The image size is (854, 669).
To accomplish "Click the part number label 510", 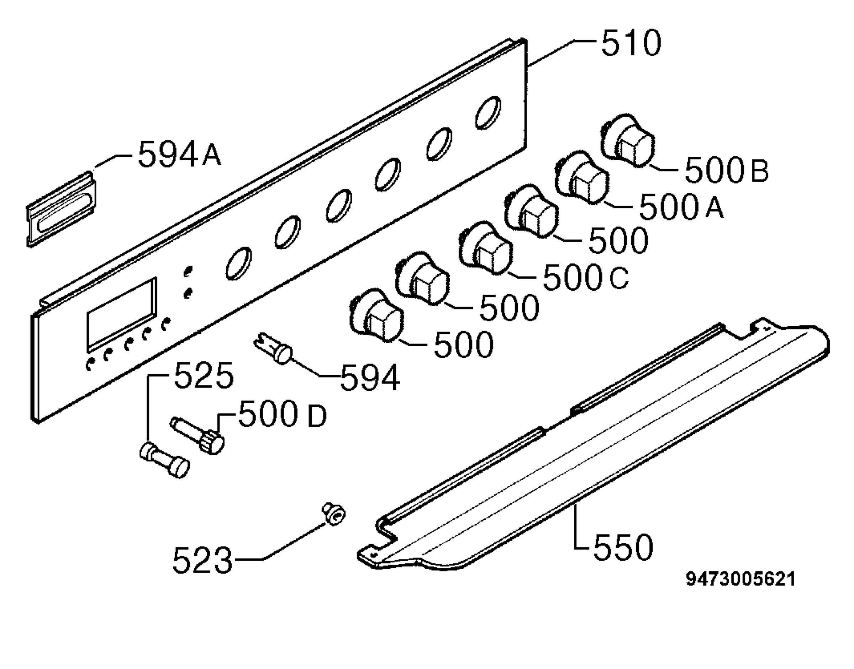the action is (631, 43).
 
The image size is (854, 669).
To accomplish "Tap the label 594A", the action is (180, 154).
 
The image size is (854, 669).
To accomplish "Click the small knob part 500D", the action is (197, 436).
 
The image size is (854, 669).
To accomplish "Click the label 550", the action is (623, 547).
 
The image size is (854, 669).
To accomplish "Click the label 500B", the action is (727, 170).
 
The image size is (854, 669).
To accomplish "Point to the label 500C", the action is (586, 277).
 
